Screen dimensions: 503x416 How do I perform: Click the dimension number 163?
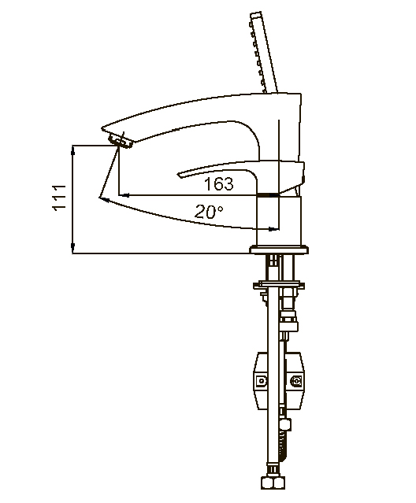pos(218,184)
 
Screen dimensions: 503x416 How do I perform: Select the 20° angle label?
pos(210,211)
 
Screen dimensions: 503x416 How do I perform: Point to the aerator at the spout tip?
pos(121,141)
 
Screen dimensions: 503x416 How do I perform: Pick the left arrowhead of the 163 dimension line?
pos(121,194)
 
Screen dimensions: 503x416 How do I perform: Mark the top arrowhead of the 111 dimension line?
pos(73,148)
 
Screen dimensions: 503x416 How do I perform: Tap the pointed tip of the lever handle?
pos(181,172)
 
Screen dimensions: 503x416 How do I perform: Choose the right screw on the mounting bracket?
pos(297,382)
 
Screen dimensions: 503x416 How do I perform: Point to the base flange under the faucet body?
pos(279,250)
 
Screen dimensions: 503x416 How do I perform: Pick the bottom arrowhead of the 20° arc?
pos(275,229)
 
